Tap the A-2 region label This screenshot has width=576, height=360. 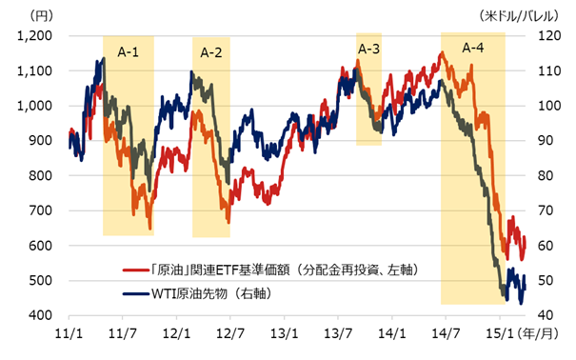click(211, 53)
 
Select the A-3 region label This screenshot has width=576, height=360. click(369, 49)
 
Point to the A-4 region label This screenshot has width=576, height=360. click(473, 48)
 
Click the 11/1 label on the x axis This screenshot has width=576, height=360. click(70, 335)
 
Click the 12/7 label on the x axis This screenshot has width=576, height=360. click(230, 335)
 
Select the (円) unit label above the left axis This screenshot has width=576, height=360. click(43, 14)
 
